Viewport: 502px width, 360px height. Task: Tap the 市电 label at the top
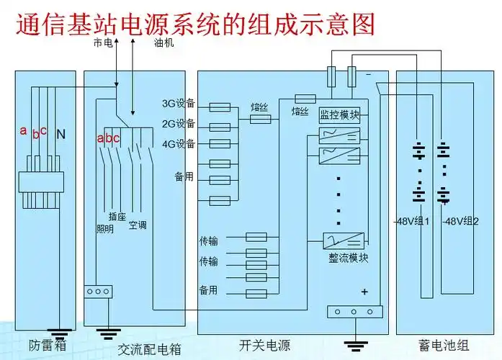point(103,43)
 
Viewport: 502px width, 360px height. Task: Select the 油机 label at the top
point(163,43)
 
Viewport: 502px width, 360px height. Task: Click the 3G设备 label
point(178,104)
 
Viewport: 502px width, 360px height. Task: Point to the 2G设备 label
point(178,123)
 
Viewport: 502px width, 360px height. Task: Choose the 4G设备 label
point(178,143)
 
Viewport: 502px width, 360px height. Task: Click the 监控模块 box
point(339,114)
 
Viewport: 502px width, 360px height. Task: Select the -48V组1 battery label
point(412,221)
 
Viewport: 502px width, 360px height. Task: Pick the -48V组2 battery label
point(461,221)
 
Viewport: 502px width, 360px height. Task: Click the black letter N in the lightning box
point(60,134)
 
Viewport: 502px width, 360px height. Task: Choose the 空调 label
point(138,225)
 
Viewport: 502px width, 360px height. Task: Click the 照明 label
point(105,230)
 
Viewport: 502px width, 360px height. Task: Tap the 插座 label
point(117,216)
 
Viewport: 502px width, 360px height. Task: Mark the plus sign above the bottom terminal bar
point(364,292)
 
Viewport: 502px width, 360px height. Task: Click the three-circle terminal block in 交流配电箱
point(98,292)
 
